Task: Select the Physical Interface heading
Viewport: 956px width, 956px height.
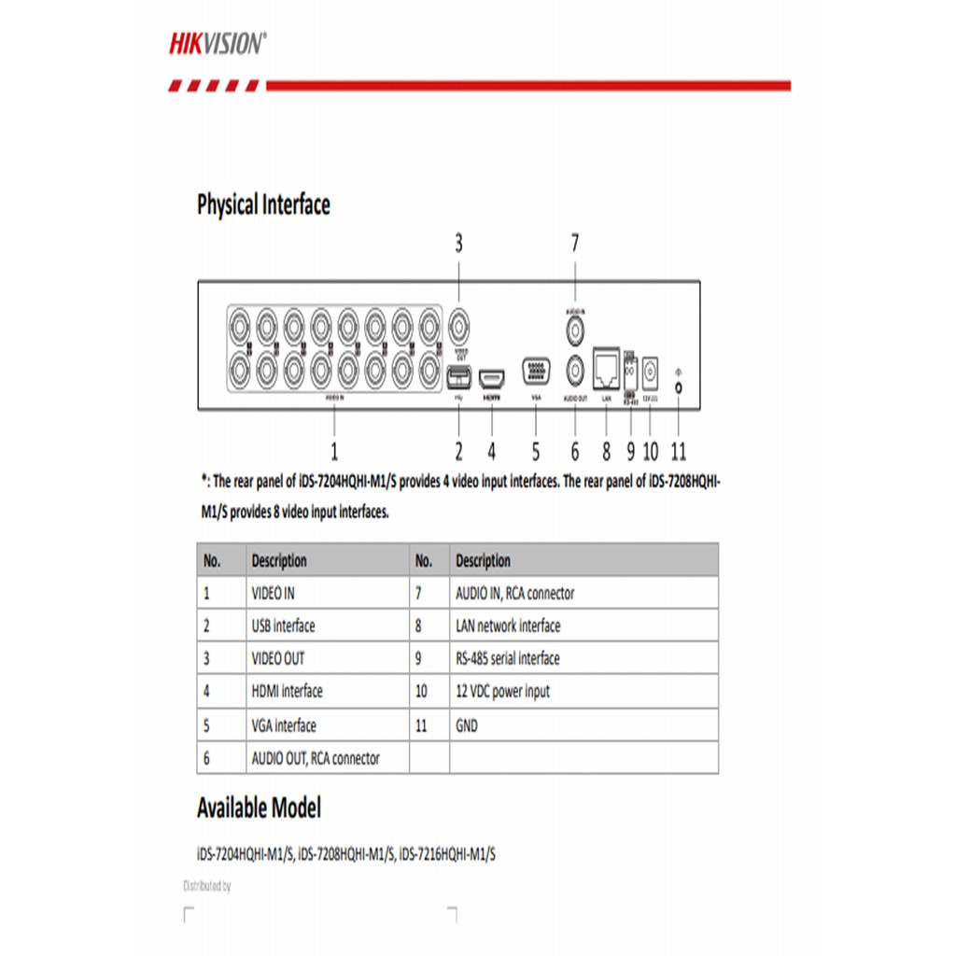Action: pos(263,204)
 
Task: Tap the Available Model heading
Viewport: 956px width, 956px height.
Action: pos(259,808)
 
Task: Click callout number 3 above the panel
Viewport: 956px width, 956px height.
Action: pos(458,244)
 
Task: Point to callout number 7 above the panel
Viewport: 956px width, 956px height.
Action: pos(575,244)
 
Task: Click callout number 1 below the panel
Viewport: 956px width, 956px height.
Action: pos(334,452)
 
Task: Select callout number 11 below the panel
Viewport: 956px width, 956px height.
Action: pos(678,452)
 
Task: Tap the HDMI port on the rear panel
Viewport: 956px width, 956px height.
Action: pos(491,378)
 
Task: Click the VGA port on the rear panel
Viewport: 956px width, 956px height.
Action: pos(536,371)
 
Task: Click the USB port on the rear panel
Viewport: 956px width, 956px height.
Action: pos(458,377)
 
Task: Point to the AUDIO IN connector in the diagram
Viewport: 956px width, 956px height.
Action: pos(576,329)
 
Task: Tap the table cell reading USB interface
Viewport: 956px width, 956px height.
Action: pos(283,626)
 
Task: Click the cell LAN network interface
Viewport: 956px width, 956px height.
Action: pos(508,626)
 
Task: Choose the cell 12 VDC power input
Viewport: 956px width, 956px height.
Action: pos(502,692)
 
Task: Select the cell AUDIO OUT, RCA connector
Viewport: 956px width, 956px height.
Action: pos(316,758)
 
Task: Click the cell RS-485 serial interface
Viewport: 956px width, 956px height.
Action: pos(508,658)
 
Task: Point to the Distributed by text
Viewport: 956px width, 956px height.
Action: pos(206,886)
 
